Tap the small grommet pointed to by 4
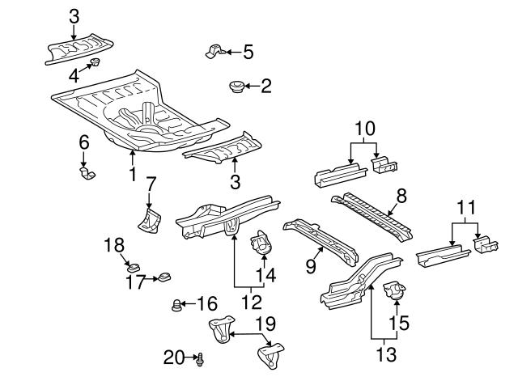[95, 62]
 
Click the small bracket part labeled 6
[86, 172]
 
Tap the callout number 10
[364, 128]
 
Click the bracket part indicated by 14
[261, 243]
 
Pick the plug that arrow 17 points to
[162, 279]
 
